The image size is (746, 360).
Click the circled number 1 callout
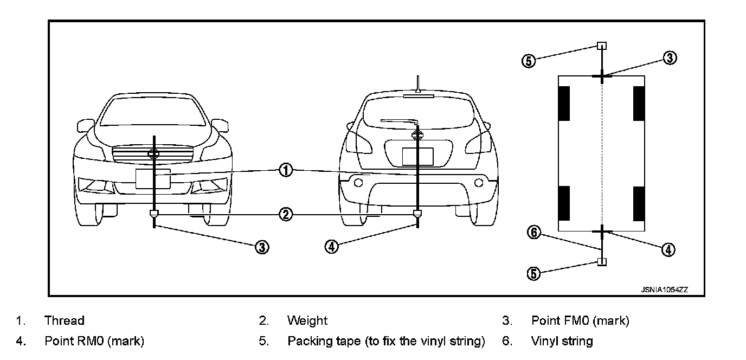coord(286,170)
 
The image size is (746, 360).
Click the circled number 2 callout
coord(286,215)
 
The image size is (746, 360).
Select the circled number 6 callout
coord(535,233)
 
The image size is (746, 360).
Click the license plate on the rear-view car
coord(417,156)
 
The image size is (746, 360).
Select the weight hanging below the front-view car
coord(155,214)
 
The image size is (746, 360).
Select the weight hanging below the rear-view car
coord(417,214)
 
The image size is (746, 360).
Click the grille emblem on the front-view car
coord(155,154)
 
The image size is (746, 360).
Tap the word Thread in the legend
coord(64,321)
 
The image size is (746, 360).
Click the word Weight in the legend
coord(307,321)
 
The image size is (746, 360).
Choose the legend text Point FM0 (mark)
coord(580,321)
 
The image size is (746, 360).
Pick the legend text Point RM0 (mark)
coord(94,342)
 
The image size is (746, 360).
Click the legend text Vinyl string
coord(562,342)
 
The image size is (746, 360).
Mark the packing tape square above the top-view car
coord(602,46)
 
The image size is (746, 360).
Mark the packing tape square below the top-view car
coord(602,262)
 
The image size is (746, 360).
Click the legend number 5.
coord(263,342)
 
